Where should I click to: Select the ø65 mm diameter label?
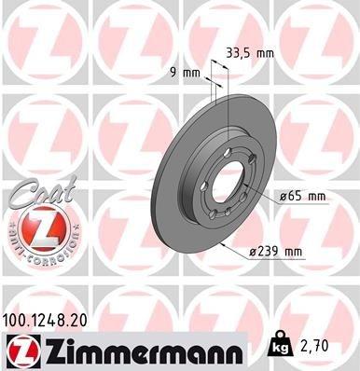click(302, 197)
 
